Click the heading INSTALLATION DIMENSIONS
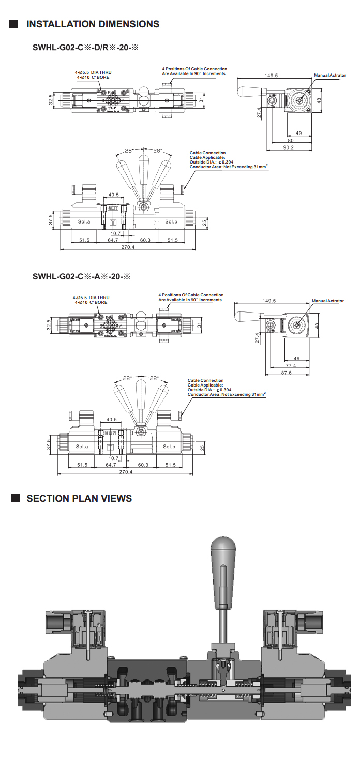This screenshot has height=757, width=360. click(93, 24)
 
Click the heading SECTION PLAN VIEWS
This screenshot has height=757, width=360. click(79, 498)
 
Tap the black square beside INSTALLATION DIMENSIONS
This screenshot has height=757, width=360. click(14, 24)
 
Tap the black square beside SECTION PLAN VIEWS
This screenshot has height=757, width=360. click(16, 498)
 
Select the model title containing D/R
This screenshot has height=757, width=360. click(87, 48)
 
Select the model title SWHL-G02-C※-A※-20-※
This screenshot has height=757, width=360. click(82, 276)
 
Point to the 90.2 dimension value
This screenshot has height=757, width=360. click(289, 147)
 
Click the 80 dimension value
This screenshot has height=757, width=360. click(291, 140)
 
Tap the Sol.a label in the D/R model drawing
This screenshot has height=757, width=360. click(84, 221)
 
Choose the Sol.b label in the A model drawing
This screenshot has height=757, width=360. click(169, 446)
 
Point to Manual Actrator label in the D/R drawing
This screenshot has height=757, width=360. click(329, 76)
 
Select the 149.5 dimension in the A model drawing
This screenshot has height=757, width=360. click(269, 301)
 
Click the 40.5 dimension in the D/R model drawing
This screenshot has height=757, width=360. click(113, 195)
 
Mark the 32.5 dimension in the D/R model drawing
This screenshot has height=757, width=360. click(51, 98)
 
